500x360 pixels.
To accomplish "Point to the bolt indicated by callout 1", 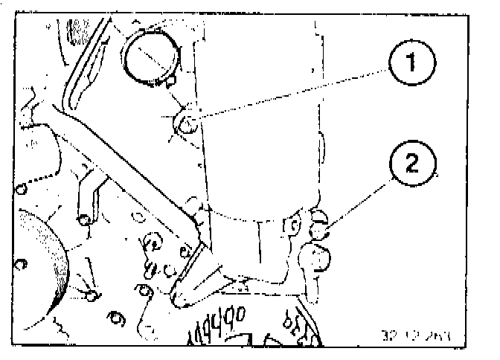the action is pyautogui.click(x=187, y=122).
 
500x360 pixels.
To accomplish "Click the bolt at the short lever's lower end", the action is pyautogui.click(x=87, y=222).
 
